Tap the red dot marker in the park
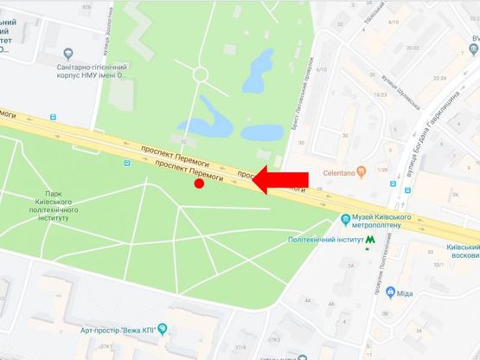199,183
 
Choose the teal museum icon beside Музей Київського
345,217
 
